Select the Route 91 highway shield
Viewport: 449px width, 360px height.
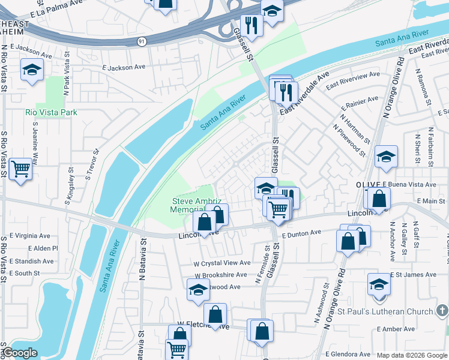pyautogui.click(x=141, y=41)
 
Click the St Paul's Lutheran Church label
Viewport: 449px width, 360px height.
pyautogui.click(x=385, y=311)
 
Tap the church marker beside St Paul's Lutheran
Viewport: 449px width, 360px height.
pyautogui.click(x=442, y=310)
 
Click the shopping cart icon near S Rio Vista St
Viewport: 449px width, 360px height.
pyautogui.click(x=20, y=167)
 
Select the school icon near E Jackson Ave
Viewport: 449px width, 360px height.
pyautogui.click(x=32, y=70)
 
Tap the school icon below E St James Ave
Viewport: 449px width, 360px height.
pyautogui.click(x=379, y=283)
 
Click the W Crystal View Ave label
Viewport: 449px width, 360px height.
pyautogui.click(x=221, y=263)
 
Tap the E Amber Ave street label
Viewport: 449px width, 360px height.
pyautogui.click(x=396, y=329)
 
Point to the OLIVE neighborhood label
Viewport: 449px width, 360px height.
pyautogui.click(x=369, y=184)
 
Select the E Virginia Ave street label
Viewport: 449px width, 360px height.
pyautogui.click(x=29, y=236)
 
